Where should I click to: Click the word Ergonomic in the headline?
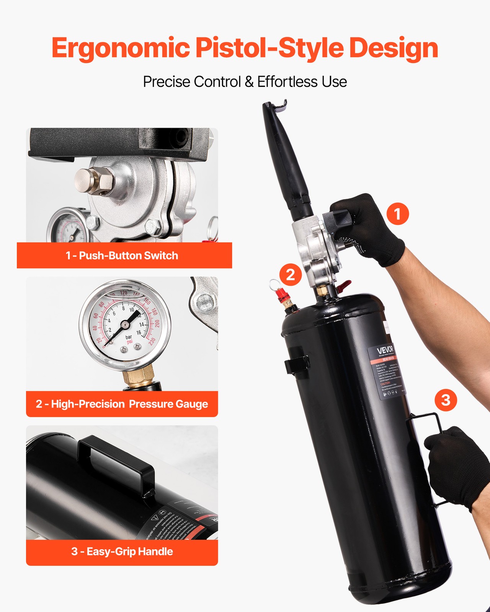[121, 49]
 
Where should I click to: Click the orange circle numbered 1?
[397, 213]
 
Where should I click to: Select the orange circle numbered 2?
[291, 274]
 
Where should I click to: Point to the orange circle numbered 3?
[446, 400]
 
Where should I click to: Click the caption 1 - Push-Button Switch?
[122, 256]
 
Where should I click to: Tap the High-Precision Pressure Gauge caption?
[122, 404]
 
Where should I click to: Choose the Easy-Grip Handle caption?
[122, 552]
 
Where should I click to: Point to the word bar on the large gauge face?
[129, 337]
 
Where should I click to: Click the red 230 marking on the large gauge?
[152, 341]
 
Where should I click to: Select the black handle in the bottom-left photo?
[115, 459]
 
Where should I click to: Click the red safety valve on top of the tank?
[282, 295]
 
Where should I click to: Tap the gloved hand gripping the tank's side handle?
[456, 465]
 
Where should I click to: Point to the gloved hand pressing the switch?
[367, 229]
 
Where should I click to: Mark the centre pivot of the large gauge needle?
[125, 325]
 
